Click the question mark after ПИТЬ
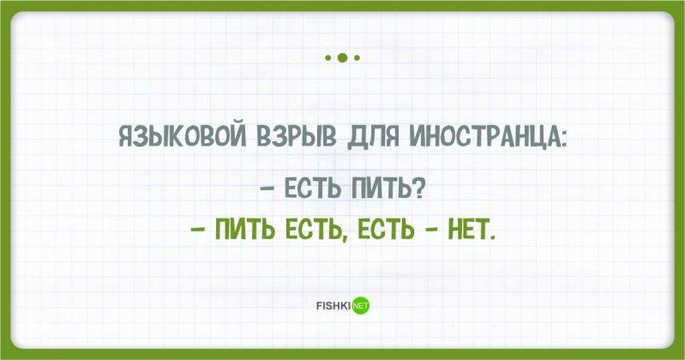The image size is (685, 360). (x=418, y=189)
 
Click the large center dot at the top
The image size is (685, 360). (x=343, y=57)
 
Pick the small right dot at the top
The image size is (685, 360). (x=357, y=57)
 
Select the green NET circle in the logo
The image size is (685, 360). (x=361, y=306)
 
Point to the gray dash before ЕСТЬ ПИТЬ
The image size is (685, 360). (x=267, y=190)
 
